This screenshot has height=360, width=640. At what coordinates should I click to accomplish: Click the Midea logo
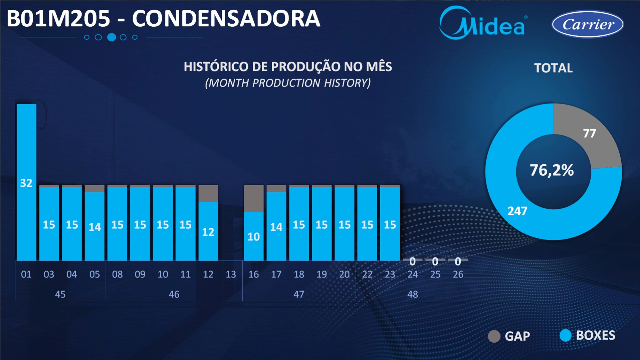483,24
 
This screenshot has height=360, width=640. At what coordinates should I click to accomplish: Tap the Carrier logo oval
588,24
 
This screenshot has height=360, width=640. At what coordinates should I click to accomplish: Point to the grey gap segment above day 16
253,198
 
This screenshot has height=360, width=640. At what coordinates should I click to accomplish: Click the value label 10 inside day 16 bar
253,237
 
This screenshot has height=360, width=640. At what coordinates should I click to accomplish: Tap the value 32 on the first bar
26,183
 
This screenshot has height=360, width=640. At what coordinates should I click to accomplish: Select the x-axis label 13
231,275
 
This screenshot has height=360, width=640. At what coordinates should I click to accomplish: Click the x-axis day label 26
458,275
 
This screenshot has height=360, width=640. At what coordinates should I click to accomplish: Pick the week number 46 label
174,294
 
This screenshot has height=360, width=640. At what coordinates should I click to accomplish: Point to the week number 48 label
412,294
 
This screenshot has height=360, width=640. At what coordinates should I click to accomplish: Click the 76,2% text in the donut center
552,170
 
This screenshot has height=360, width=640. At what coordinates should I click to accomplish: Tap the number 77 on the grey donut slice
589,134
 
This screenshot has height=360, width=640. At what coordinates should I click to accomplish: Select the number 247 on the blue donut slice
517,211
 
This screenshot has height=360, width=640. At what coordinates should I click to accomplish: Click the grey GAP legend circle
494,336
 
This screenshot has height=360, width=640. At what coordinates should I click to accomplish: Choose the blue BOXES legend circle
565,336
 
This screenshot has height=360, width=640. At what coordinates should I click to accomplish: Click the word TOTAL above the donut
553,68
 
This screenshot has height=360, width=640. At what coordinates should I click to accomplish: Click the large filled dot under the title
112,37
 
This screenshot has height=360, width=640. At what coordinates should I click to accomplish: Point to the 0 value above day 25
435,261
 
